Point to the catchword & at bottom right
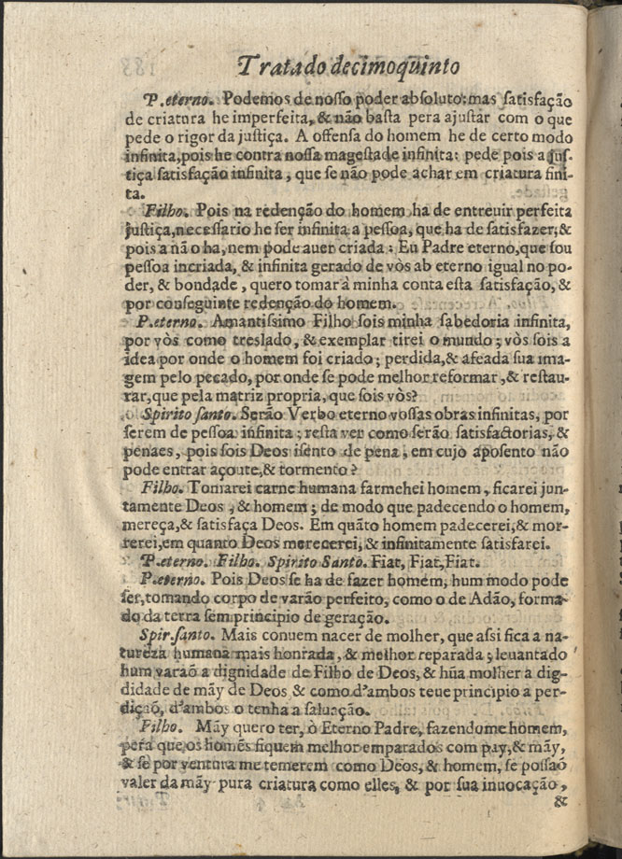tap(560, 799)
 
